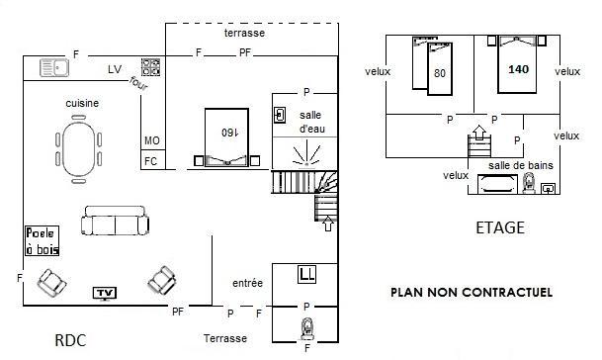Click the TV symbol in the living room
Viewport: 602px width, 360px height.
(x=105, y=294)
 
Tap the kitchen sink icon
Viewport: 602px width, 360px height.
(x=54, y=68)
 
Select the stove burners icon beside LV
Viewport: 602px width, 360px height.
(x=150, y=67)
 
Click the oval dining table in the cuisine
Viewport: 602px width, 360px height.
(x=78, y=148)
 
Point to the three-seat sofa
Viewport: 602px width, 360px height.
(x=116, y=221)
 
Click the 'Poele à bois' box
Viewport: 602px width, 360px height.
(x=43, y=240)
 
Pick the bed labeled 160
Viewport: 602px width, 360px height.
(x=226, y=137)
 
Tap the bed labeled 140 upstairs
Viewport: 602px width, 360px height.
(x=517, y=64)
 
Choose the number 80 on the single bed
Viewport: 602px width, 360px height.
(x=440, y=73)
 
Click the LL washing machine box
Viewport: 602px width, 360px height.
(x=306, y=274)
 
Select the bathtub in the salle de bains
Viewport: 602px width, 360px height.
(x=496, y=184)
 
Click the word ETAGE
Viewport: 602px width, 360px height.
(x=500, y=227)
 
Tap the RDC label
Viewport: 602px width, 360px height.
(x=70, y=340)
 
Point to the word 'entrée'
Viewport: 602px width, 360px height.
(x=248, y=283)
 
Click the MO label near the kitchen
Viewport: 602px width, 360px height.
(x=152, y=140)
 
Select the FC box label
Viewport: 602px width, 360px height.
(x=151, y=161)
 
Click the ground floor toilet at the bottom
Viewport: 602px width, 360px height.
(x=306, y=329)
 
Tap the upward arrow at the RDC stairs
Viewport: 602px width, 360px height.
(x=328, y=224)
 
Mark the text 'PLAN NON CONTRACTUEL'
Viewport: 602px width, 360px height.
(x=472, y=293)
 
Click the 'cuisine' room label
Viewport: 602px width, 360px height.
(x=82, y=103)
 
